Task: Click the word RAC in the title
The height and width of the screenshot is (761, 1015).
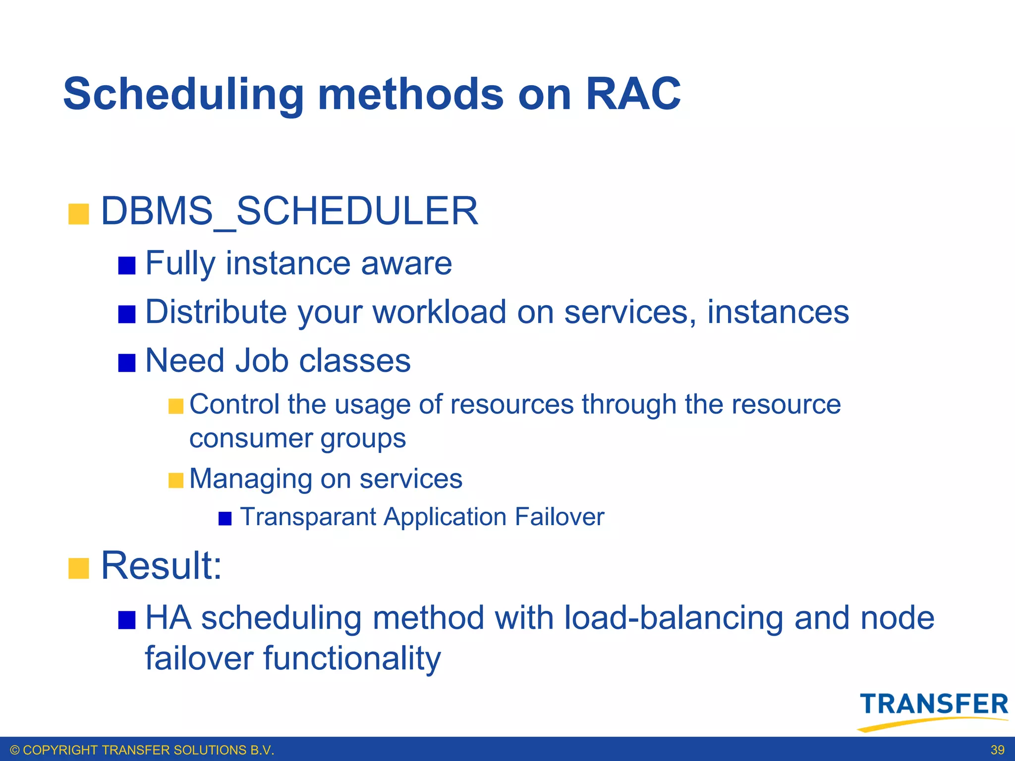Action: point(633,94)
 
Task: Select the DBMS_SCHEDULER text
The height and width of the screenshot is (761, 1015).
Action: point(289,212)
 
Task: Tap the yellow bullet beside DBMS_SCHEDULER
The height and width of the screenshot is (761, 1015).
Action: point(78,214)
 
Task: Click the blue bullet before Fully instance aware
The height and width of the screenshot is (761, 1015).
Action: point(127,266)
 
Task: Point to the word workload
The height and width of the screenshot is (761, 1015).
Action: point(439,313)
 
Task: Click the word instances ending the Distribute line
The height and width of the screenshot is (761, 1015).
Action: point(778,313)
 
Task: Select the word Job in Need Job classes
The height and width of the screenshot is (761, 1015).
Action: point(261,361)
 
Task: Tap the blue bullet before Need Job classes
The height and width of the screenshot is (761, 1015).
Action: point(127,363)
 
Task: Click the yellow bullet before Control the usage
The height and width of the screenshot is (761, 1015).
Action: point(175,406)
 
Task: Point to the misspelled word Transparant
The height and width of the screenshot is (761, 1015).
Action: point(308,517)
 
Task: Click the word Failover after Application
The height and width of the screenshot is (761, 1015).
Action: point(559,517)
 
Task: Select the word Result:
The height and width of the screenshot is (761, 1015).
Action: point(162,566)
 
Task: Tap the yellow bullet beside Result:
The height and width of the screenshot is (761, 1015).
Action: point(78,568)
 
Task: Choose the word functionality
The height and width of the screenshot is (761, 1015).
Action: point(351,659)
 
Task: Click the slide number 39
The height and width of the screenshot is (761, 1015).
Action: point(997,750)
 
